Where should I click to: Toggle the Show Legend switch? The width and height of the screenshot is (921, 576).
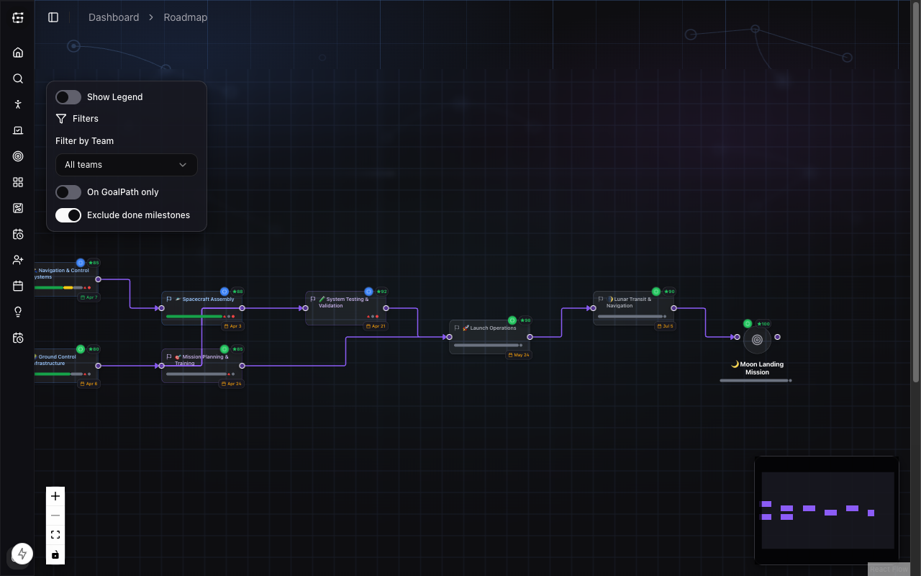pyautogui.click(x=68, y=97)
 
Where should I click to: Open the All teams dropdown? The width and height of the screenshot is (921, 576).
pyautogui.click(x=127, y=165)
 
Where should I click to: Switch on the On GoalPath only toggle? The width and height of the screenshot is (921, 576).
pyautogui.click(x=68, y=192)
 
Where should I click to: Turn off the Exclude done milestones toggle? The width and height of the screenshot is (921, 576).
pyautogui.click(x=68, y=215)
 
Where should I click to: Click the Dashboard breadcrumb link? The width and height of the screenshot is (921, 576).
pyautogui.click(x=114, y=17)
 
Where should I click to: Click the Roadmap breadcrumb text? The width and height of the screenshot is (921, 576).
pyautogui.click(x=186, y=17)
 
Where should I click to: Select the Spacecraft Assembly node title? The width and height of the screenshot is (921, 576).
pyautogui.click(x=208, y=300)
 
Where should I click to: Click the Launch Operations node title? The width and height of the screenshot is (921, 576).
pyautogui.click(x=493, y=328)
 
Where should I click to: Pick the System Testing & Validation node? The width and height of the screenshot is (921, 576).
pyautogui.click(x=346, y=302)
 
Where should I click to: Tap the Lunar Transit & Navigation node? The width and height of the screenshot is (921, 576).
pyautogui.click(x=632, y=302)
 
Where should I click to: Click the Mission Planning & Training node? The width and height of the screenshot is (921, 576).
pyautogui.click(x=204, y=360)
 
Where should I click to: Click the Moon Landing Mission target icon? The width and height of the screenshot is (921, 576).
pyautogui.click(x=757, y=340)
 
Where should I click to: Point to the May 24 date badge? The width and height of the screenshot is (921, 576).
pyautogui.click(x=518, y=355)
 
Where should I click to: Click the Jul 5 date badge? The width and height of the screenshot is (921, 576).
pyautogui.click(x=665, y=326)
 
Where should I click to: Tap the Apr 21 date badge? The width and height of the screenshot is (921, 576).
pyautogui.click(x=376, y=326)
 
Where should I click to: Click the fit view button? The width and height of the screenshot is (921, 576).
pyautogui.click(x=55, y=535)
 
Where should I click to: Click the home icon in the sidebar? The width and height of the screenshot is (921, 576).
pyautogui.click(x=18, y=53)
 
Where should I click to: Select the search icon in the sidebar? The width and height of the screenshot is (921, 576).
pyautogui.click(x=18, y=78)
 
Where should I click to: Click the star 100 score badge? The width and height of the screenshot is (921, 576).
pyautogui.click(x=762, y=324)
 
